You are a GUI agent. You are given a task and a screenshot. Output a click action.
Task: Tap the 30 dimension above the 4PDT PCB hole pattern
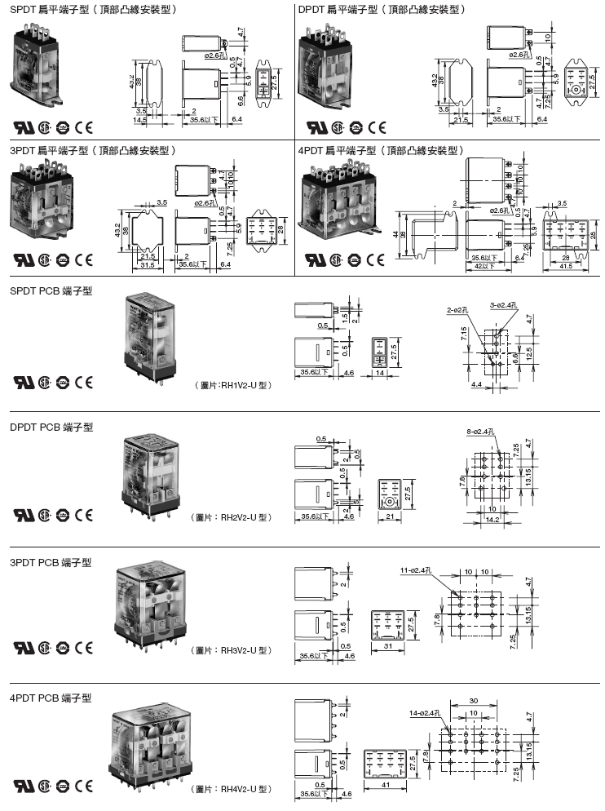(x=474, y=699)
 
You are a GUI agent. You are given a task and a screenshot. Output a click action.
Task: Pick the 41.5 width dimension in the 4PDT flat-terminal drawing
(x=564, y=266)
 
